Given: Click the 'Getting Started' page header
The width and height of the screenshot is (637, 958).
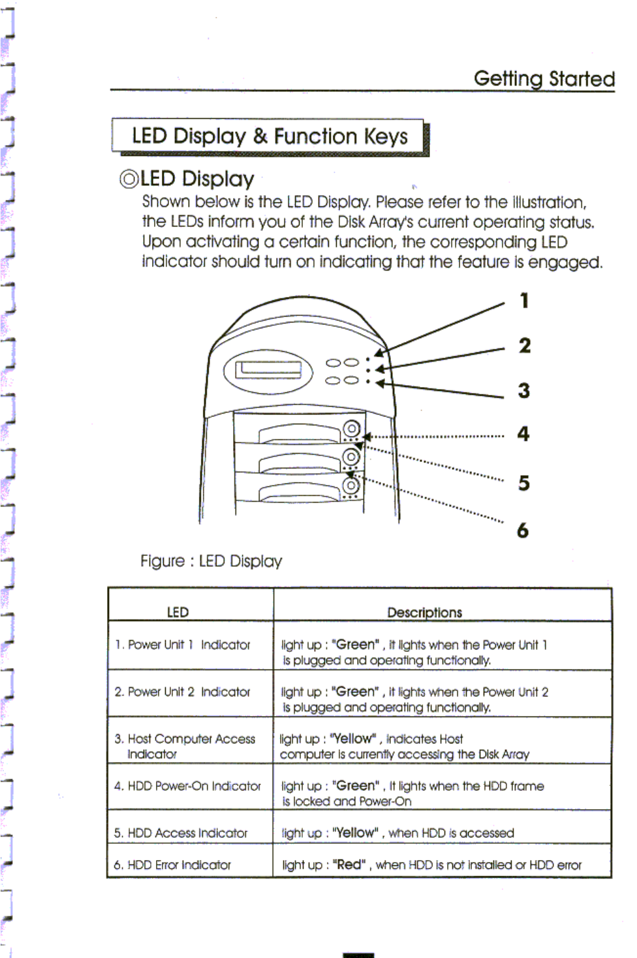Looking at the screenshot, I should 544,78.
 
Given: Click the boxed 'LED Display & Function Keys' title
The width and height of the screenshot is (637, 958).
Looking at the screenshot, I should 269,136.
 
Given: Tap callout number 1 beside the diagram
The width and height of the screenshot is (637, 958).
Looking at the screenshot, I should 523,301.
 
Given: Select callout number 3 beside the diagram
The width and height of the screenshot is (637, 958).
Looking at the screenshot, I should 523,390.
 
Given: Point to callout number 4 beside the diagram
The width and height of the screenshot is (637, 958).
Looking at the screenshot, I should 523,433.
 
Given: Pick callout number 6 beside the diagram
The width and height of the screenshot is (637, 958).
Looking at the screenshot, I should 523,530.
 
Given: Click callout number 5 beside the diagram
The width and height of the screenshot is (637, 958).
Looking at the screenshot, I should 523,483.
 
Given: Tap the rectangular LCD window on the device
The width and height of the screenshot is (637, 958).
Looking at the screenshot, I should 268,369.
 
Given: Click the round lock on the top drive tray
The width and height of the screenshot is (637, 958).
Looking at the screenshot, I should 352,429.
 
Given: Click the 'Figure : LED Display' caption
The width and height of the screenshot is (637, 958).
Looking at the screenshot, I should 211,561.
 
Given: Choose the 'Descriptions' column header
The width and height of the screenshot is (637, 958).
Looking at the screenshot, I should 424,612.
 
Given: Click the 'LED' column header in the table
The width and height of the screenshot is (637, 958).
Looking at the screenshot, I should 178,612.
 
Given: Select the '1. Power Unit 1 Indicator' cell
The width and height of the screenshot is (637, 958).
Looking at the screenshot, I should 183,645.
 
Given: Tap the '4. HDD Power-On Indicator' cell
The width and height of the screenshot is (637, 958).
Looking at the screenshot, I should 187,786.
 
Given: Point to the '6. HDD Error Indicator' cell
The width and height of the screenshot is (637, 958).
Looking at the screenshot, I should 172,865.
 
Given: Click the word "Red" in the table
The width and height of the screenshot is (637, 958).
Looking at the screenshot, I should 349,865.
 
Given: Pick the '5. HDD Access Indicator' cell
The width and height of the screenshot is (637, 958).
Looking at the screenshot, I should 181,833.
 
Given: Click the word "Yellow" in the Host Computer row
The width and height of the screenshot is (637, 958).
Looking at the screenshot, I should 352,739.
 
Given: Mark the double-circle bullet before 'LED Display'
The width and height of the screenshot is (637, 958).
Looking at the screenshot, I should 129,179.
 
